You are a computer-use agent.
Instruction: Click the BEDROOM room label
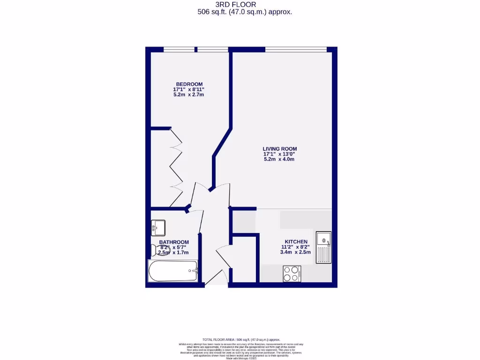[189, 84]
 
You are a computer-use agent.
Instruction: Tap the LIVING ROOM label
[280, 149]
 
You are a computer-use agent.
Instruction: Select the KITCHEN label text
[296, 241]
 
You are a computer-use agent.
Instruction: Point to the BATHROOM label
[174, 242]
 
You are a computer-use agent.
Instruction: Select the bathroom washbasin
[157, 228]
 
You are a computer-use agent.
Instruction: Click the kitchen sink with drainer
[323, 247]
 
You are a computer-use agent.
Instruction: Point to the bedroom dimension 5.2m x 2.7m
[188, 95]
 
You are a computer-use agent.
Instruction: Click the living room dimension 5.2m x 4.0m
[279, 159]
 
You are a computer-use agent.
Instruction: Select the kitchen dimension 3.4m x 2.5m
[295, 252]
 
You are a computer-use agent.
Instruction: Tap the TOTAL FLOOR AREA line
[241, 339]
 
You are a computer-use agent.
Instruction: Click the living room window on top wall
[296, 49]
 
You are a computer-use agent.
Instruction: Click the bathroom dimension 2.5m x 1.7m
[173, 253]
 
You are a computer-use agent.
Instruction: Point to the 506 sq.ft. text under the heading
[245, 12]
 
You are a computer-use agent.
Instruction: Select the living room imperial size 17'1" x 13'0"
[280, 154]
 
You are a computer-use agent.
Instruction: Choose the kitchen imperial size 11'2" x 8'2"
[295, 247]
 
